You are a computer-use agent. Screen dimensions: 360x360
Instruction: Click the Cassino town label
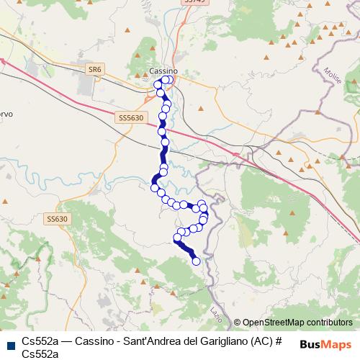pyautogui.click(x=163, y=71)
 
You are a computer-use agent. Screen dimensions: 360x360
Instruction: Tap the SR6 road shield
pyautogui.click(x=94, y=69)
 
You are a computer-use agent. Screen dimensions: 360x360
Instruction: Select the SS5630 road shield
pyautogui.click(x=130, y=117)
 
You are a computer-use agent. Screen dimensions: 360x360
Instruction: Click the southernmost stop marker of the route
pyautogui.click(x=197, y=261)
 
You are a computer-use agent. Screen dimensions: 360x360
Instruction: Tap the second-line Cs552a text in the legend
pyautogui.click(x=41, y=354)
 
